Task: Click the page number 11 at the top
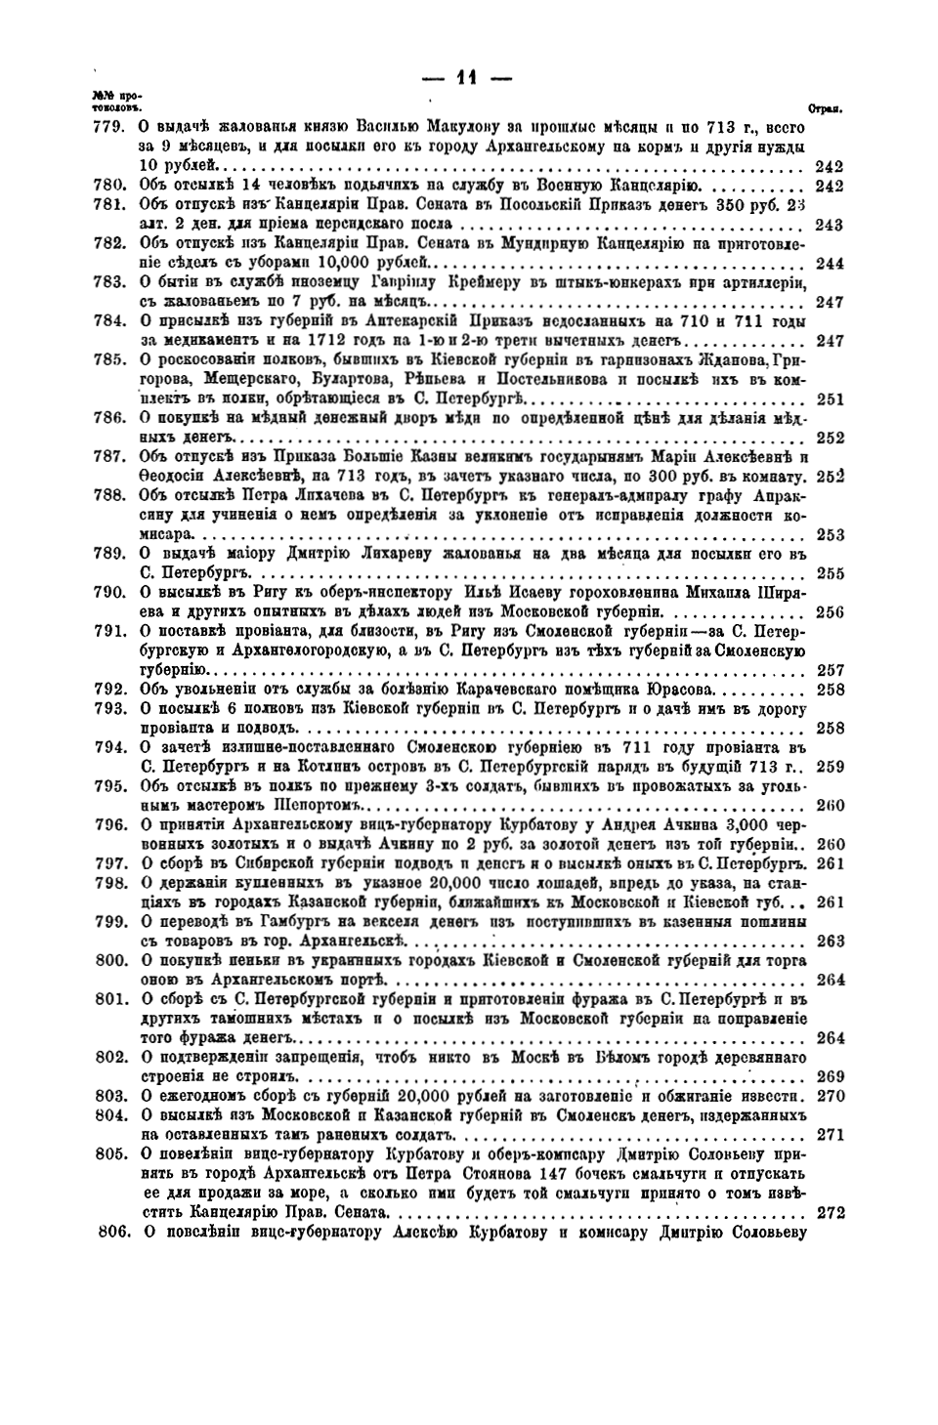(x=468, y=78)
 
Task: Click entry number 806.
(x=113, y=1232)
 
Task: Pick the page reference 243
(x=829, y=225)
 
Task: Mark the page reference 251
(x=829, y=398)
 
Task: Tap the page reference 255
(x=829, y=573)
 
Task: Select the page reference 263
(x=829, y=942)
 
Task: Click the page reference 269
(x=829, y=1076)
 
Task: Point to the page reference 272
(x=829, y=1213)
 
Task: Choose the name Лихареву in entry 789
(x=380, y=554)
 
